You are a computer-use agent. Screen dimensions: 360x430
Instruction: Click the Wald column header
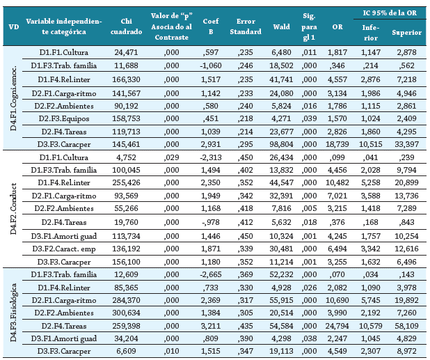coord(281,26)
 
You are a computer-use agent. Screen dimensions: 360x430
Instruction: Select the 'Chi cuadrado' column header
coord(126,26)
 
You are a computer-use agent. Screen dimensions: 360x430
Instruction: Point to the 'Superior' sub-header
coord(406,33)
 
